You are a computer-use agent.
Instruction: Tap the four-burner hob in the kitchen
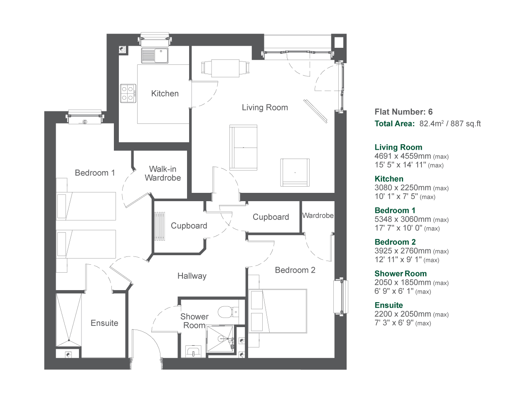[x=128, y=94]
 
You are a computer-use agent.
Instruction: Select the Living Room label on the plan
[x=265, y=107]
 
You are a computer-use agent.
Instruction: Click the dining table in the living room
[x=225, y=68]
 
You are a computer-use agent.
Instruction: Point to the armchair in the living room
[x=295, y=172]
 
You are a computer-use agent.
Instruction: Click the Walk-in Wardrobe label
[x=163, y=173]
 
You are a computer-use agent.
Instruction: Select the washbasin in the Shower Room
[x=193, y=351]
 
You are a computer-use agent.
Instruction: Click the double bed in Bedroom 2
[x=278, y=311]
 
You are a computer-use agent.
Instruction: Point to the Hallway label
[x=192, y=276]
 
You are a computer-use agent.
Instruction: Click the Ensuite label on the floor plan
[x=104, y=323]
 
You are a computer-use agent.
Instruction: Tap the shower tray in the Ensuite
[x=69, y=320]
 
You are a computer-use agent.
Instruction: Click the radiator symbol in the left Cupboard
[x=160, y=226]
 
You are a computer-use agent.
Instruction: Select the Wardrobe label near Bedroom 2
[x=318, y=215]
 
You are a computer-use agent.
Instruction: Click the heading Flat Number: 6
[x=404, y=112]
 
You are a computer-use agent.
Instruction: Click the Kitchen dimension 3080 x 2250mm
[x=403, y=187]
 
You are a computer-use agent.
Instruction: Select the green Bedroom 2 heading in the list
[x=395, y=242]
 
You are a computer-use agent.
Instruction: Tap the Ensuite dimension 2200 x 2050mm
[x=403, y=314]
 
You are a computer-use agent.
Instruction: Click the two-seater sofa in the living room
[x=243, y=147]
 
